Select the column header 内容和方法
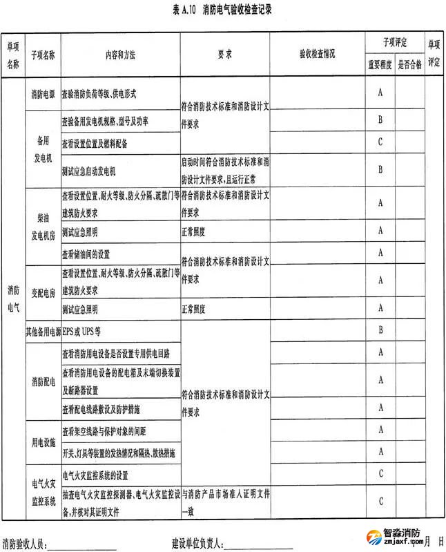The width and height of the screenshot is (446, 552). pos(120,53)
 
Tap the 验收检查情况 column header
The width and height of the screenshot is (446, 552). pos(317,53)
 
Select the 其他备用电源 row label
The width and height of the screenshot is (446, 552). pos(43,331)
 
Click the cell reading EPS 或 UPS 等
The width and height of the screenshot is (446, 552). pos(82,331)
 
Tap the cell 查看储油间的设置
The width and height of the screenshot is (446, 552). pos(86,254)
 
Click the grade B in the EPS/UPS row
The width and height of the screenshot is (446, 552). pos(380,331)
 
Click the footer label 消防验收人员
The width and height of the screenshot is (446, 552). pos(24,543)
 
